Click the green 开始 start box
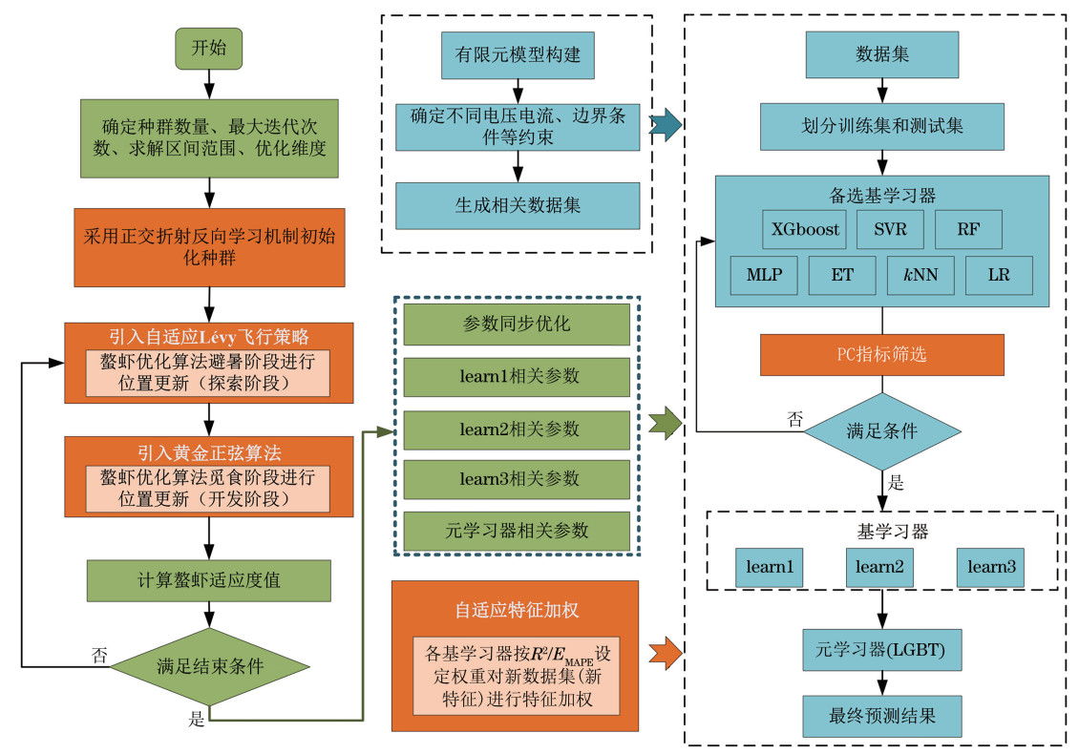[209, 49]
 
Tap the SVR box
[889, 229]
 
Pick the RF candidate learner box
[967, 229]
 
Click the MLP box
[764, 275]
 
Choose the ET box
[841, 275]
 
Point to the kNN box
[920, 275]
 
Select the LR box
[999, 275]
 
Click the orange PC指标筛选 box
[881, 354]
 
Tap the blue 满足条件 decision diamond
[881, 430]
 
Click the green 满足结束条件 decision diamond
[209, 666]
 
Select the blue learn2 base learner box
[880, 567]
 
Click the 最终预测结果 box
[881, 713]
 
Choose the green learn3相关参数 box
[517, 478]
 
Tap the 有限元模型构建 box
[518, 55]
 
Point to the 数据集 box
[881, 54]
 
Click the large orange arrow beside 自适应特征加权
[666, 655]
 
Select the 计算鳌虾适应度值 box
[209, 579]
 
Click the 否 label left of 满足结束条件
[99, 655]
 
